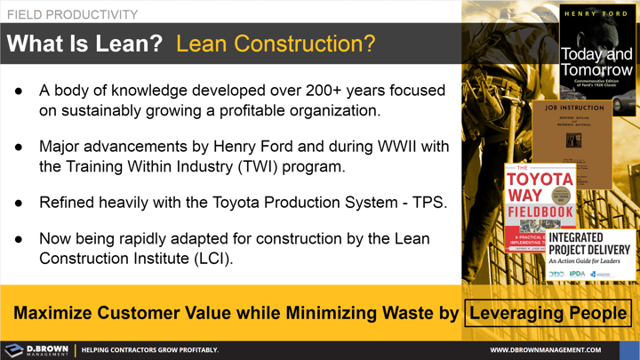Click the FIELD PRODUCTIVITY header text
tap(73, 14)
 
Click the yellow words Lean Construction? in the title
tap(276, 44)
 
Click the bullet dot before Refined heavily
tap(20, 202)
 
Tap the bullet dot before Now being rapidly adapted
tap(20, 238)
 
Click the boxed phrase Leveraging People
tap(548, 313)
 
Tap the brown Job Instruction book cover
tap(572, 142)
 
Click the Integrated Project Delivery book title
tap(588, 247)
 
